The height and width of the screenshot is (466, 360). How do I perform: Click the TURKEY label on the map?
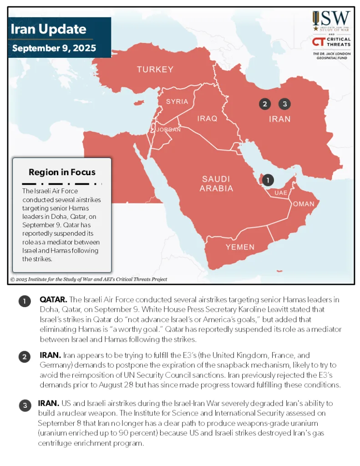[x=155, y=70]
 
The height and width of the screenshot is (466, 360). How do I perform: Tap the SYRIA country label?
[x=177, y=101]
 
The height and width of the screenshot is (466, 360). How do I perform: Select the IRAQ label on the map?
[x=207, y=118]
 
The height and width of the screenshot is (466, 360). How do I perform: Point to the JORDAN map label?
[x=168, y=130]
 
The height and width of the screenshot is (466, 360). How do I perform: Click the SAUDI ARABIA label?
[x=216, y=184]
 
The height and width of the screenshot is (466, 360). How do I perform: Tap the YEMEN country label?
[x=240, y=247]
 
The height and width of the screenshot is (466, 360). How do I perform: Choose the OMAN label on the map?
[x=303, y=204]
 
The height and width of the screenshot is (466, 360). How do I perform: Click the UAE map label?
[x=280, y=193]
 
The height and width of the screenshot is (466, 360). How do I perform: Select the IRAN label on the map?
[x=279, y=119]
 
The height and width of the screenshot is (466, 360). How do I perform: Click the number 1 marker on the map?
[x=268, y=180]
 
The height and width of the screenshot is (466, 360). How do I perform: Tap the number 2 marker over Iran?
[x=265, y=104]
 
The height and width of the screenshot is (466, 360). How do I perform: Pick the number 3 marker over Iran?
[x=284, y=104]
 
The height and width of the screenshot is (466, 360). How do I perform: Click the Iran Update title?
[x=48, y=30]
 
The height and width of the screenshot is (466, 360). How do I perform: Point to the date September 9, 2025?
[x=54, y=48]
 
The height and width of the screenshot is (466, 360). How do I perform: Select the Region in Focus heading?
[x=62, y=172]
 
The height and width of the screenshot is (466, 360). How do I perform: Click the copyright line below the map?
[x=89, y=279]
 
